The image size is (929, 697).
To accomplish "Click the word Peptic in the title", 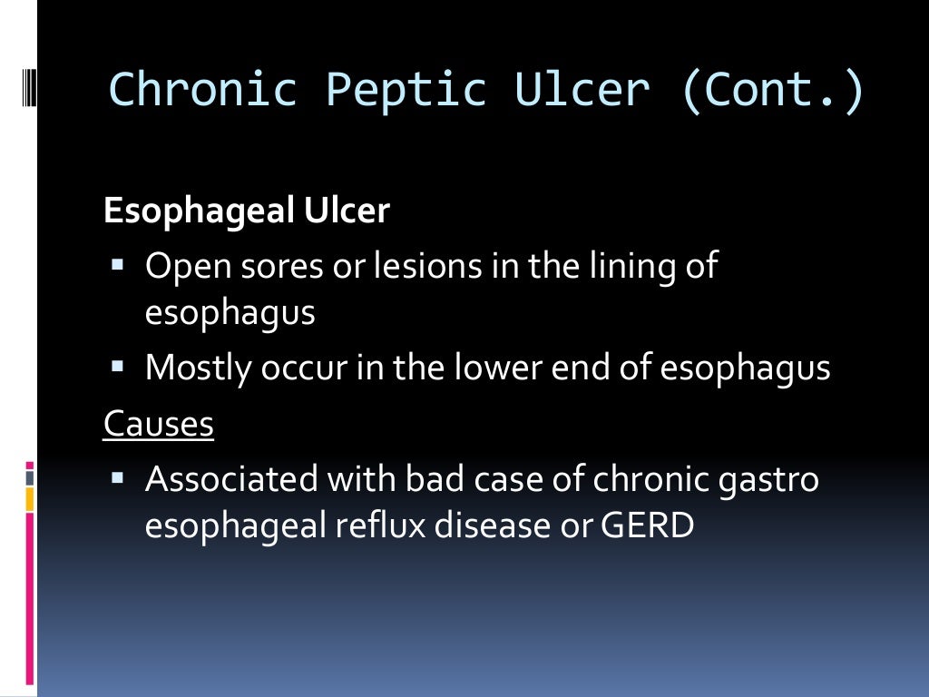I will (406, 91).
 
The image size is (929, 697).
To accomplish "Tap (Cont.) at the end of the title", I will (771, 91).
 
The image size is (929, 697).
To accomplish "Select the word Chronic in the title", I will (202, 91).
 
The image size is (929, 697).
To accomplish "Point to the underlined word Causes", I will (159, 424).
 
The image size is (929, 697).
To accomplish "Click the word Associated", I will (230, 479).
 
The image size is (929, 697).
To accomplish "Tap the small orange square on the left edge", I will (30, 498).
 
